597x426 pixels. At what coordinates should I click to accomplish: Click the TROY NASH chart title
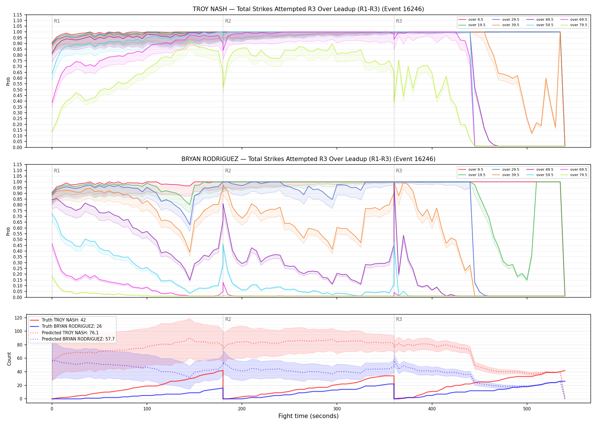coord(308,9)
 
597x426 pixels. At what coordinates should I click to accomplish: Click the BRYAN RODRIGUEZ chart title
coord(308,159)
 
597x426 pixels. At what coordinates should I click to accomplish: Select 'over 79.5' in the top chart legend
coord(579,25)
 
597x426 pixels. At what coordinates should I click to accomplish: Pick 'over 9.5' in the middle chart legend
coord(476,170)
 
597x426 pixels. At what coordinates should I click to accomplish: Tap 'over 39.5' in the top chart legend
coord(511,25)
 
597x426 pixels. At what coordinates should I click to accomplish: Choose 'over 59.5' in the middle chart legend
coord(545,175)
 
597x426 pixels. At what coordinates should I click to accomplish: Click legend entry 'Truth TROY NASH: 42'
coord(64,320)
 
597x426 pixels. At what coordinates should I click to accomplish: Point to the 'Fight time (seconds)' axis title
coord(308,416)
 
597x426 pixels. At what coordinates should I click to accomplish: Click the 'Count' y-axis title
coord(9,359)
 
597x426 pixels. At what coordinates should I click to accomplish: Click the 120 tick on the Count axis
coord(18,318)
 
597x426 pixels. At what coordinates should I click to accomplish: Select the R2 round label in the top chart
coord(228,21)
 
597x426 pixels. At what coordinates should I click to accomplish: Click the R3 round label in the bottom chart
coord(399,319)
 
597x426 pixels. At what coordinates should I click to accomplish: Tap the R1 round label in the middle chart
coord(57,171)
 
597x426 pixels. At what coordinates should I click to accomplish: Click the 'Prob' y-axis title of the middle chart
coord(8,231)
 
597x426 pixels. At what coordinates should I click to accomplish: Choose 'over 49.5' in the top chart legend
coord(545,20)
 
